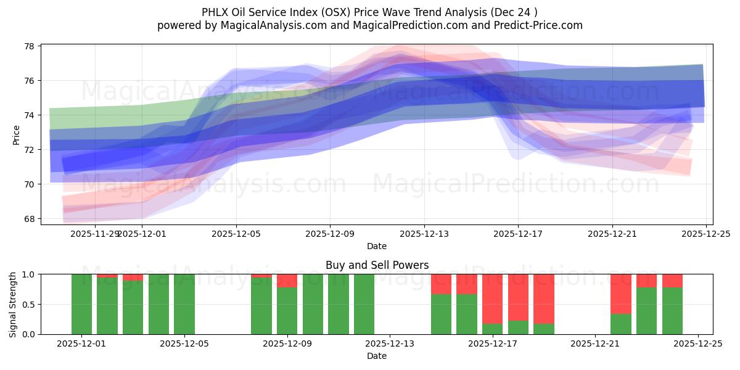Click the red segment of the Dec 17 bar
click(x=493, y=298)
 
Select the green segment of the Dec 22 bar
click(x=621, y=324)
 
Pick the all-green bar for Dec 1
click(x=81, y=304)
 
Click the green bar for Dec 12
click(x=364, y=304)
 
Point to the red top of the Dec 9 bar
click(x=287, y=281)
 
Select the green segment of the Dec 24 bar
click(x=672, y=311)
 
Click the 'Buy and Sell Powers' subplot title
click(x=377, y=266)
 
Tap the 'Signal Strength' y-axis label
click(x=13, y=304)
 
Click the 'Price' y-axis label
click(x=17, y=134)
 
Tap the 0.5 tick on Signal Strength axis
click(x=29, y=304)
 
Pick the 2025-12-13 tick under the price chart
click(x=424, y=234)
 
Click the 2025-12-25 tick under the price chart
click(x=706, y=234)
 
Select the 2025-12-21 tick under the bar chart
click(x=595, y=343)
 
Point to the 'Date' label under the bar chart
click(x=377, y=356)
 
